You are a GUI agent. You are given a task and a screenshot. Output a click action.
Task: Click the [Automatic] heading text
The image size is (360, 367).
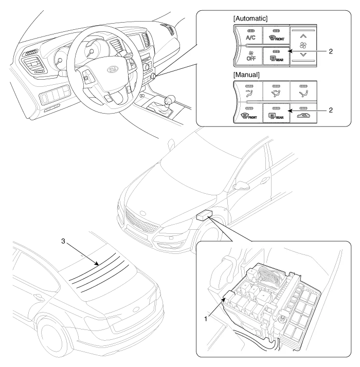[250, 19]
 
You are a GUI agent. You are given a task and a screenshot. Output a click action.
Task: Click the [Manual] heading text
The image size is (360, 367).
[246, 75]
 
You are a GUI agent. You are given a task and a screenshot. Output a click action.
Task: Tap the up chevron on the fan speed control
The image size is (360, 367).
[302, 36]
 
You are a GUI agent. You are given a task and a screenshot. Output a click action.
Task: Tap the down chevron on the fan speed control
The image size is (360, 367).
[302, 54]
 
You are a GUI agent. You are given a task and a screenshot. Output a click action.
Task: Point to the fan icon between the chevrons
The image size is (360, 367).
[302, 45]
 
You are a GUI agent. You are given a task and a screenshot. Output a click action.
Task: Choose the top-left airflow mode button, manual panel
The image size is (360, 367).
[248, 91]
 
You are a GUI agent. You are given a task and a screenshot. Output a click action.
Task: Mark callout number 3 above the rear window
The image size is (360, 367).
[64, 240]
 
